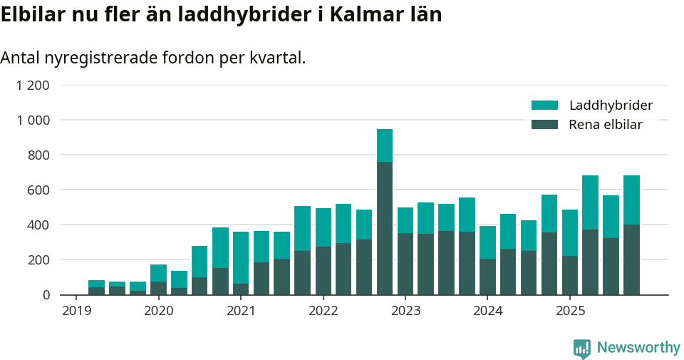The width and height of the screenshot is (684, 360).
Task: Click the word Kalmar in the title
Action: pyautogui.click(x=371, y=14)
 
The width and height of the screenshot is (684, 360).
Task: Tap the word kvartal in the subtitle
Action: pyautogui.click(x=277, y=58)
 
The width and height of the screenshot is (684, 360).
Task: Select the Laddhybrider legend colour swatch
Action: pyautogui.click(x=545, y=106)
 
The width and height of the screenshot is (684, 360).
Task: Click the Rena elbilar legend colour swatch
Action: pyautogui.click(x=545, y=125)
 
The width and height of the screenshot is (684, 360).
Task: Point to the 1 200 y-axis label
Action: pyautogui.click(x=33, y=86)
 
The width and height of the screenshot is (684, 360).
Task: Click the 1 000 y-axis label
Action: pyautogui.click(x=33, y=120)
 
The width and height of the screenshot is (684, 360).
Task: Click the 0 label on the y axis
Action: pyautogui.click(x=46, y=295)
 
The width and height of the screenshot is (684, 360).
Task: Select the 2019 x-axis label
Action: pyautogui.click(x=76, y=311)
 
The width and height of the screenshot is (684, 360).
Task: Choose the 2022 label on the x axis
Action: pyautogui.click(x=323, y=311)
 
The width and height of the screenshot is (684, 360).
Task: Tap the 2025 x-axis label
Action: pyautogui.click(x=571, y=311)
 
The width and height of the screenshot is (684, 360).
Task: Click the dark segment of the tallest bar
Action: pyautogui.click(x=385, y=228)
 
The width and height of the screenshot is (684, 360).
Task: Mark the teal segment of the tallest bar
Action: pyautogui.click(x=385, y=145)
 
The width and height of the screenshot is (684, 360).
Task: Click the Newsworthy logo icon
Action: pyautogui.click(x=582, y=348)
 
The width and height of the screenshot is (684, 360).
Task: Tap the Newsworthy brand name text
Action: pyautogui.click(x=638, y=348)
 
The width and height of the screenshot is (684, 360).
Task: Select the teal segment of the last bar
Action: pyautogui.click(x=631, y=200)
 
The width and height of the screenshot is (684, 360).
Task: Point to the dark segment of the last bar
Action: pyautogui.click(x=631, y=259)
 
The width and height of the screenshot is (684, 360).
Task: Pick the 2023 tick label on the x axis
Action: pyautogui.click(x=406, y=311)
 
